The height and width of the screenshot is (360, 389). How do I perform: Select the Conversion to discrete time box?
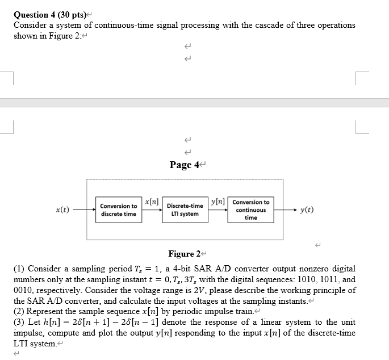click(x=118, y=210)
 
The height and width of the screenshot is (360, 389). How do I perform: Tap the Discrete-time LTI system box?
click(x=185, y=210)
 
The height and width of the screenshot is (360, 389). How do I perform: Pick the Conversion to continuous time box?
click(x=250, y=210)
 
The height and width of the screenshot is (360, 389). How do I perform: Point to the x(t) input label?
click(x=62, y=210)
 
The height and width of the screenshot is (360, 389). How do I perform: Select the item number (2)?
click(x=19, y=311)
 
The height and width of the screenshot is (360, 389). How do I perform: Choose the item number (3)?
click(x=19, y=322)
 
